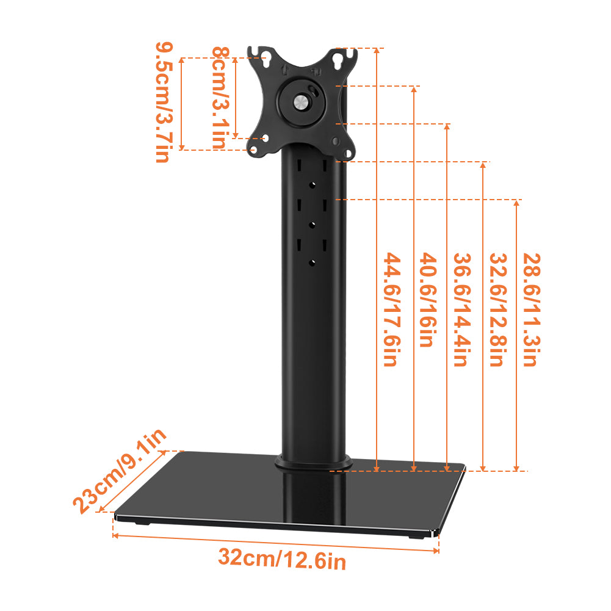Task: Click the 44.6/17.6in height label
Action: coord(390,309)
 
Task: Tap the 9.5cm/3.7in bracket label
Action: coord(162,102)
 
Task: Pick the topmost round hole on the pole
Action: coord(312,184)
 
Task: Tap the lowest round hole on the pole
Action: coord(312,262)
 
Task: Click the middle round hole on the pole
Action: coord(312,224)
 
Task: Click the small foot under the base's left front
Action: coord(140,523)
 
